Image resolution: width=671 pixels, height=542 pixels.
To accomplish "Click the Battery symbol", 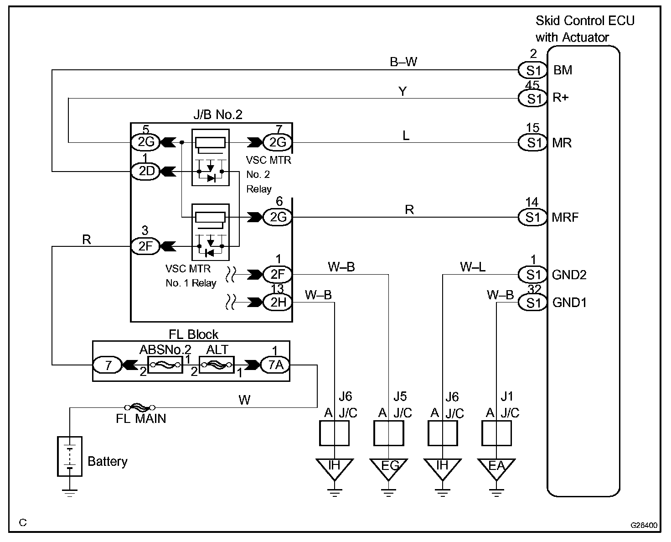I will [70, 456].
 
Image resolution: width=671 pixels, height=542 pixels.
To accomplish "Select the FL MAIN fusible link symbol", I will [139, 407].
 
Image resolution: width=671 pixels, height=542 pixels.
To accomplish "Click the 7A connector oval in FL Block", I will [275, 365].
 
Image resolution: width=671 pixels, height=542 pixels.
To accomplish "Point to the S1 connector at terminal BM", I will [532, 70].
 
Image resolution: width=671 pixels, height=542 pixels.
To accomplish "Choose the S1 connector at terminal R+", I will [532, 98].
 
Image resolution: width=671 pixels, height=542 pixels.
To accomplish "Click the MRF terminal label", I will [565, 217].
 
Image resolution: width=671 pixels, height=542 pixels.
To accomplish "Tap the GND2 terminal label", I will [569, 275].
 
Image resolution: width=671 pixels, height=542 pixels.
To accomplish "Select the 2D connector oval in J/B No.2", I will [146, 171].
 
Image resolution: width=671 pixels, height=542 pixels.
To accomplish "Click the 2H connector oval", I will [278, 302].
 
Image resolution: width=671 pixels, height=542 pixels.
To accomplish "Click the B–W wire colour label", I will [403, 62].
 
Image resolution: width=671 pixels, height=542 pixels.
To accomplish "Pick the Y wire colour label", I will [403, 91].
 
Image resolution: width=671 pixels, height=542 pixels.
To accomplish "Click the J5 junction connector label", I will [400, 396].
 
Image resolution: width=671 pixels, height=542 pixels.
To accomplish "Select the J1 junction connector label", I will [507, 396].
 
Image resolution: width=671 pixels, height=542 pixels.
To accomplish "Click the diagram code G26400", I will [644, 525].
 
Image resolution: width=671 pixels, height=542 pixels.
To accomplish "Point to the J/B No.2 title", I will [217, 115].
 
